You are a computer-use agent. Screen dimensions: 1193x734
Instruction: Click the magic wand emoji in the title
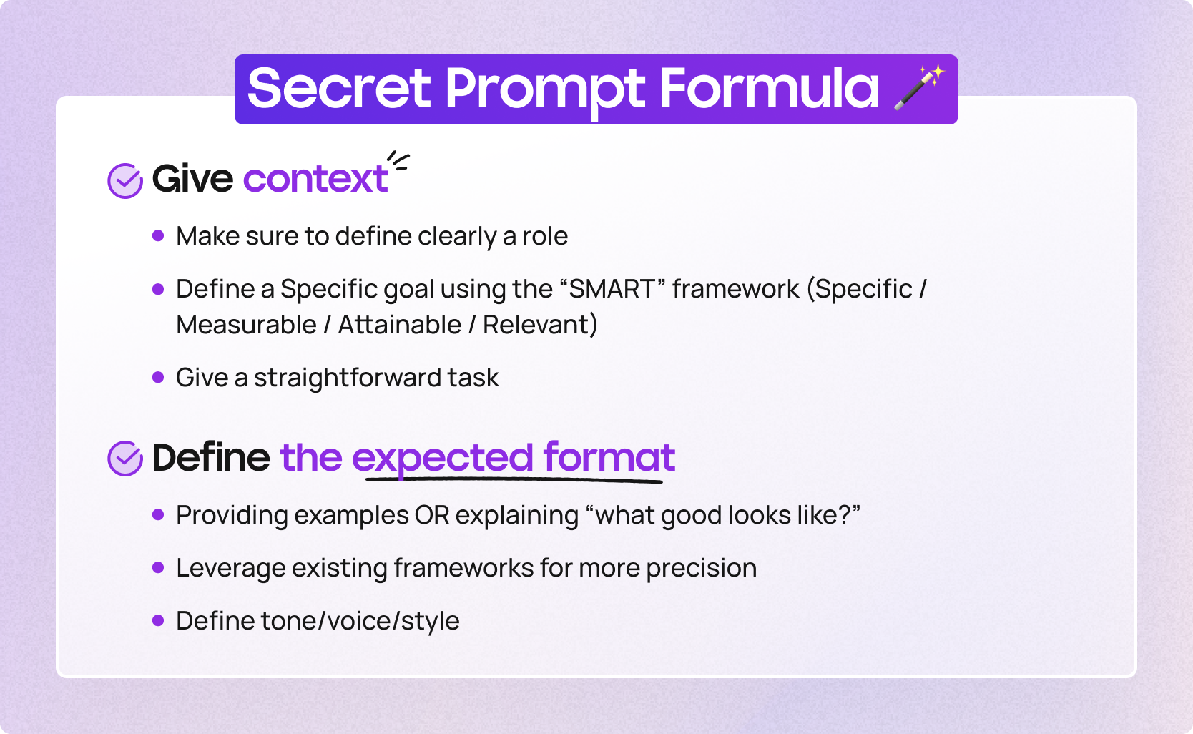[919, 87]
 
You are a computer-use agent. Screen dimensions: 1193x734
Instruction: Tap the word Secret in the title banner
[339, 89]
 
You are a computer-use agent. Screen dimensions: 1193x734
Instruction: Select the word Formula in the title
[770, 89]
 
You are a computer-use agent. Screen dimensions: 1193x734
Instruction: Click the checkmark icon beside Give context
[125, 180]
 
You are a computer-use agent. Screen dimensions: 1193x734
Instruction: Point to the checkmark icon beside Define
[125, 458]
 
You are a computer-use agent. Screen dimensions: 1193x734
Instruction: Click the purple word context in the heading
[315, 178]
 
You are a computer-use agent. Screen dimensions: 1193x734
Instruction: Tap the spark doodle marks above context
[398, 161]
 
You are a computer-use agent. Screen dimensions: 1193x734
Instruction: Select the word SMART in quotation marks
[612, 289]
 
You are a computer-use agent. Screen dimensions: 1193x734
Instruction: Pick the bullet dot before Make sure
[157, 235]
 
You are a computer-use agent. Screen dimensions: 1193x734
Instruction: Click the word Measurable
[246, 325]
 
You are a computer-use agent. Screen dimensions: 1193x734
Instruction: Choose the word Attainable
[399, 325]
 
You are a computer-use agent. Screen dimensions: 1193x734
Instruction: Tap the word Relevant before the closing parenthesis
[536, 325]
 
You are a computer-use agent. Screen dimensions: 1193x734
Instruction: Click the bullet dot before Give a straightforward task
[157, 377]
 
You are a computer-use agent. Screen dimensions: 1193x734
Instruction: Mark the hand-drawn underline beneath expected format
[514, 480]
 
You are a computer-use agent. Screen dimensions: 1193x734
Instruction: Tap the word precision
[702, 569]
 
